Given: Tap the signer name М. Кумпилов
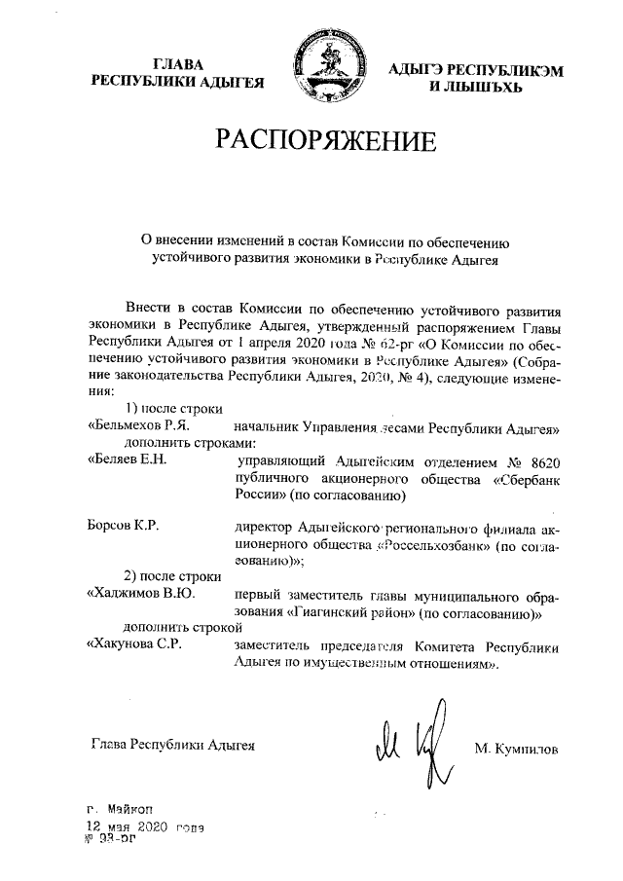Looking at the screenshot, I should pos(517,748).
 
